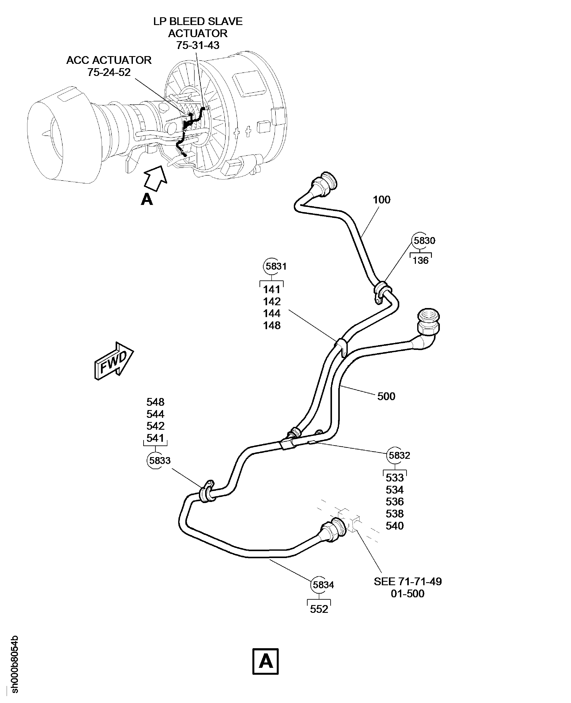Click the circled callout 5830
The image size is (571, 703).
[424, 241]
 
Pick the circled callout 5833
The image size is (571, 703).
[160, 460]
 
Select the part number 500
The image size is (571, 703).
[386, 396]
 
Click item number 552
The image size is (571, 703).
[319, 609]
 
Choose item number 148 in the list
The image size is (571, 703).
[272, 325]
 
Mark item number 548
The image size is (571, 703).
[155, 402]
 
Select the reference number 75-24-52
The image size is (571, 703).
[109, 72]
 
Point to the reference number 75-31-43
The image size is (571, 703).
[198, 45]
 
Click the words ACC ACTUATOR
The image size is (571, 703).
[109, 60]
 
